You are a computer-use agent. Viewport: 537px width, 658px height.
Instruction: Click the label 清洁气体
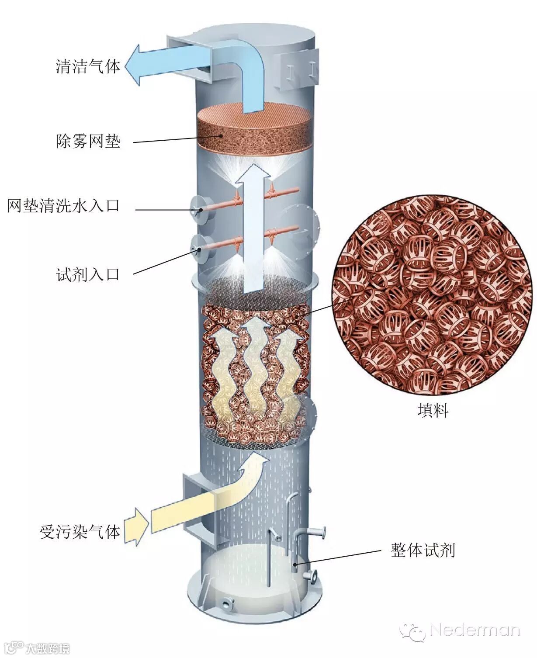click(88, 66)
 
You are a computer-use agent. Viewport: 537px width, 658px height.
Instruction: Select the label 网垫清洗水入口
click(63, 205)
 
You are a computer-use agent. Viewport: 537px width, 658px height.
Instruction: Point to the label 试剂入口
click(88, 274)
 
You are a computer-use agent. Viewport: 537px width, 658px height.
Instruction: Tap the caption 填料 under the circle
click(433, 411)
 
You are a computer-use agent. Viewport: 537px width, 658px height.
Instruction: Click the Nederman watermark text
click(475, 630)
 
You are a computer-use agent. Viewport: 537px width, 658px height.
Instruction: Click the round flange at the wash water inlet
click(199, 209)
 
